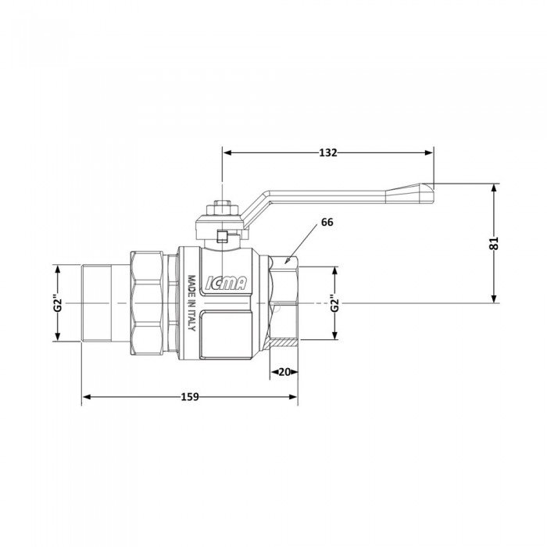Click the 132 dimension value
328,153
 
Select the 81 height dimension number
492,243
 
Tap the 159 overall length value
189,397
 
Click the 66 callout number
327,223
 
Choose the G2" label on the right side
334,303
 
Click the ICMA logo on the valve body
226,286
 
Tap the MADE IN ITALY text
190,303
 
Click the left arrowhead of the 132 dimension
227,153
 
